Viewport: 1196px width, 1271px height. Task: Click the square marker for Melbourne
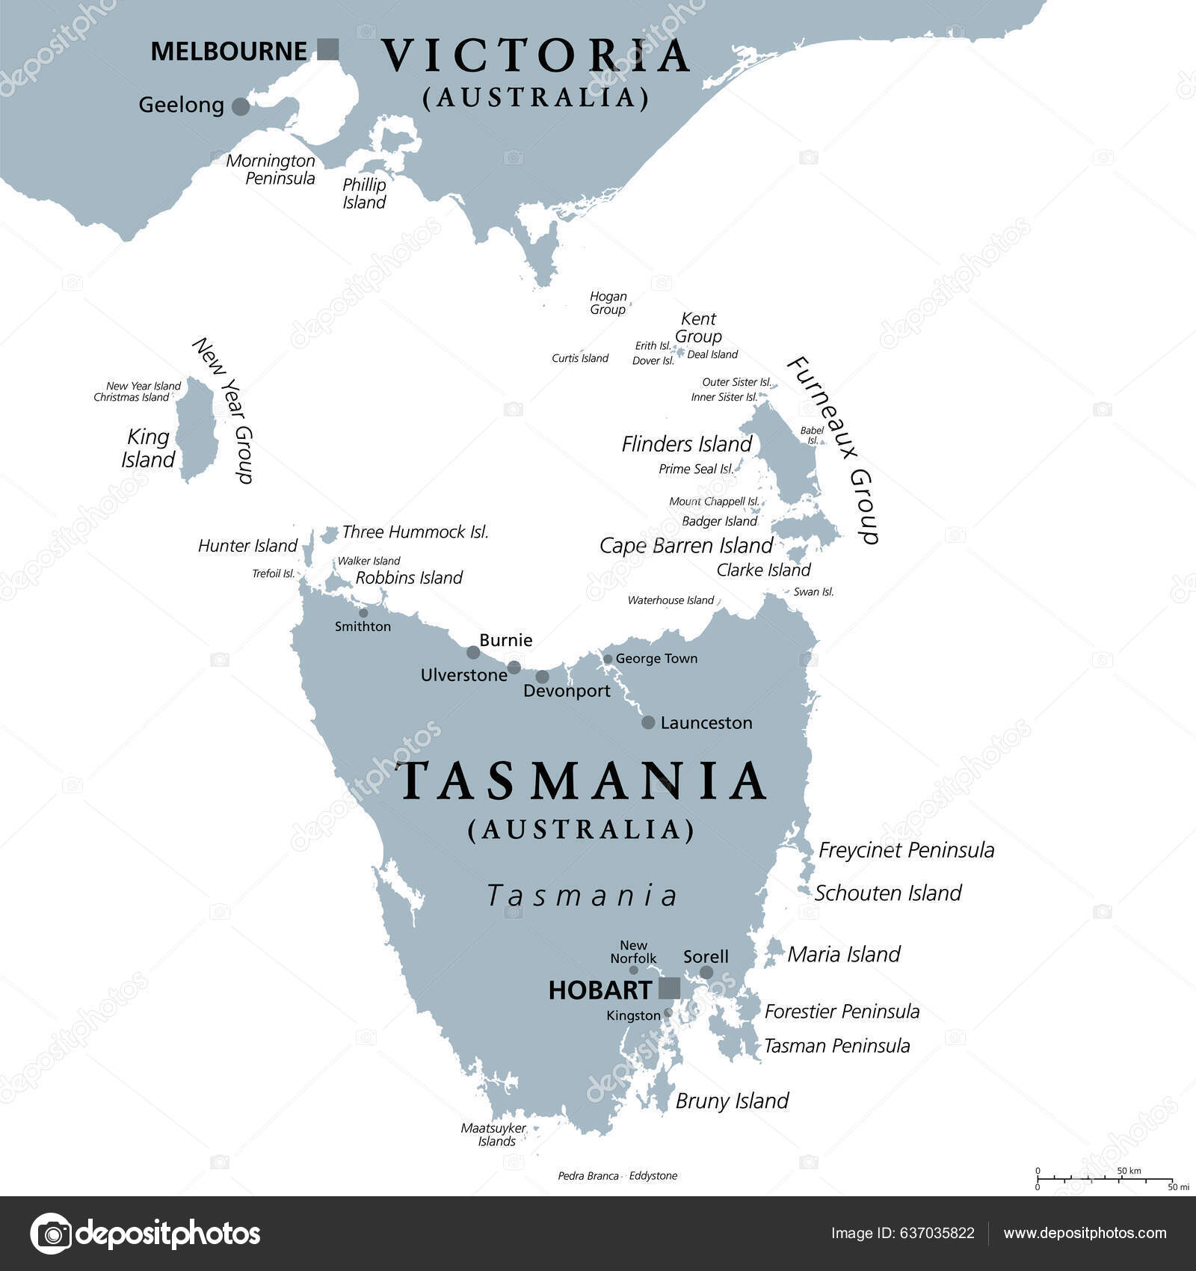tap(327, 49)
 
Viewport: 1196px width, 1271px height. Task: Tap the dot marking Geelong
tap(240, 106)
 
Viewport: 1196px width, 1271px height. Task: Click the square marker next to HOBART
tap(669, 988)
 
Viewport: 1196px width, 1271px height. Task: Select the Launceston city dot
tap(648, 722)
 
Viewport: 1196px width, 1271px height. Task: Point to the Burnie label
tap(506, 640)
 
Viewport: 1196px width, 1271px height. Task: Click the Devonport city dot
tap(542, 677)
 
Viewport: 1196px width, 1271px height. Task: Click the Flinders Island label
tap(686, 444)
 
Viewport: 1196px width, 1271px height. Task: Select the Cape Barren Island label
tap(685, 546)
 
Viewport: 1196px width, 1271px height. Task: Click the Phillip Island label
tap(364, 194)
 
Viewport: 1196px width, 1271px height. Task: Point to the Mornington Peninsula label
tap(271, 170)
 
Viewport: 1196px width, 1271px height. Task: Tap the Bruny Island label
tap(732, 1101)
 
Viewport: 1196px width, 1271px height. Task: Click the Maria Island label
tap(843, 954)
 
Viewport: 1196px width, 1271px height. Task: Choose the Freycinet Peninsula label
tap(906, 850)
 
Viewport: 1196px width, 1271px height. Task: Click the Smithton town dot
tap(363, 612)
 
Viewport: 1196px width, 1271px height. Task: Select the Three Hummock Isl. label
tap(415, 532)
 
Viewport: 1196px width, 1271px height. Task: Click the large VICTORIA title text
tap(536, 56)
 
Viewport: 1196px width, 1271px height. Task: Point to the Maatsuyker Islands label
tap(494, 1135)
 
